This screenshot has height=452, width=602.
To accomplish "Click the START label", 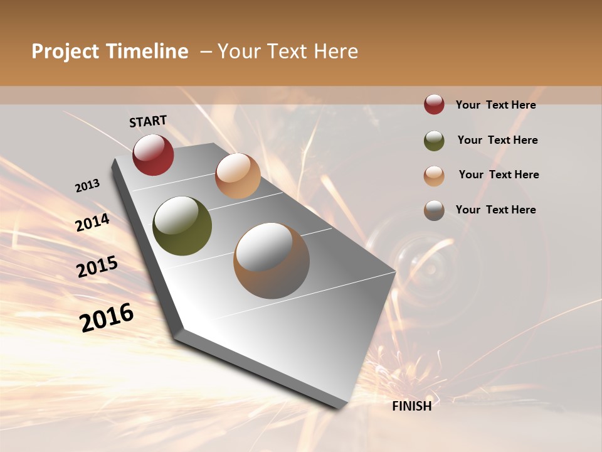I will [148, 121].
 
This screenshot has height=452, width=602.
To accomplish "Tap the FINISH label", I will [412, 406].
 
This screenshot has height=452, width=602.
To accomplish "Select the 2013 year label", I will [87, 186].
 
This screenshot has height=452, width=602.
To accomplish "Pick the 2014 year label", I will [92, 223].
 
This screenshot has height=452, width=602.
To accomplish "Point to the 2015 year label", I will [97, 267].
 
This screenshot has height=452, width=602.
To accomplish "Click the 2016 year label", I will [107, 318].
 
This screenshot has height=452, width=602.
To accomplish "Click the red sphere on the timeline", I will [153, 154].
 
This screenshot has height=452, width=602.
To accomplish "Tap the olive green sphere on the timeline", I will [182, 226].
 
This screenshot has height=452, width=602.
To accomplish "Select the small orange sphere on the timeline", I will [238, 175].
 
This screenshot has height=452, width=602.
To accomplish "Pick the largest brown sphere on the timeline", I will [272, 261].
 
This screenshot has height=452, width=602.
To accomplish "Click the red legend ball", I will [434, 105].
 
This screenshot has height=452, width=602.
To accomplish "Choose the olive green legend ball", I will [434, 141].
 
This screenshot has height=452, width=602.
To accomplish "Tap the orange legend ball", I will [434, 176].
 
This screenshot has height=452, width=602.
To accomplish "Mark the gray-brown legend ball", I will [434, 210].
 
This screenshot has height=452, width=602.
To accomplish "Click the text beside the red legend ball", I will [495, 105].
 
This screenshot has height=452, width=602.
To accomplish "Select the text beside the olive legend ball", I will [497, 141].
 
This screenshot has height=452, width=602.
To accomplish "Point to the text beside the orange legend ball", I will [499, 175].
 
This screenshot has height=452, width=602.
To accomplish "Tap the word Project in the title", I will [66, 51].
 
